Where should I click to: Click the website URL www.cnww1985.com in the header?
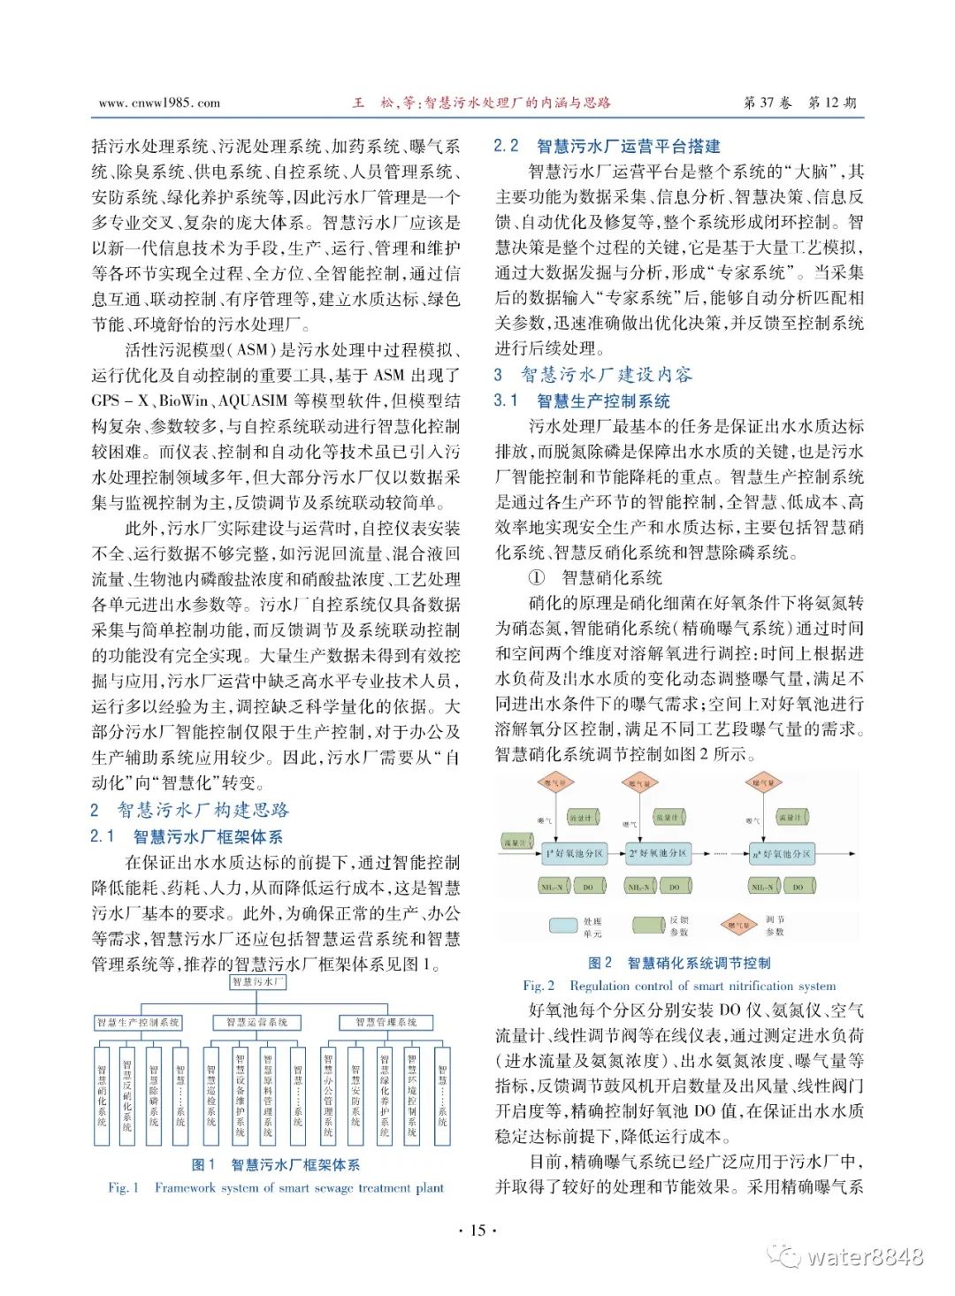click(x=159, y=103)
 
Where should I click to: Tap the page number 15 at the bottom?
click(x=477, y=1231)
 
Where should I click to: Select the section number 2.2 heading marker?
click(x=507, y=146)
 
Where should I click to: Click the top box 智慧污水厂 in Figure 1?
click(x=257, y=982)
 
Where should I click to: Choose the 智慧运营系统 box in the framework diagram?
click(x=257, y=1023)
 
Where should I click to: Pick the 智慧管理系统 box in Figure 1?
click(x=386, y=1023)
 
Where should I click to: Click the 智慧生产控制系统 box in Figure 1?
click(x=138, y=1023)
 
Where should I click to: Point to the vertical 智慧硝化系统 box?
click(x=102, y=1096)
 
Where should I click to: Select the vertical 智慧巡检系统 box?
click(x=211, y=1096)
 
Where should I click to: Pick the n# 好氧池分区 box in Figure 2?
click(x=782, y=854)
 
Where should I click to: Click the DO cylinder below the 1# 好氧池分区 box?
click(x=588, y=886)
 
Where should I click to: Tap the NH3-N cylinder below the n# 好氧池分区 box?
click(x=761, y=886)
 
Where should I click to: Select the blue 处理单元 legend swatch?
click(x=564, y=926)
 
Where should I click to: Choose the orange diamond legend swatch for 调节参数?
click(x=737, y=926)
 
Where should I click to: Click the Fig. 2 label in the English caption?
click(x=539, y=986)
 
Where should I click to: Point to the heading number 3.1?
click(x=506, y=400)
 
